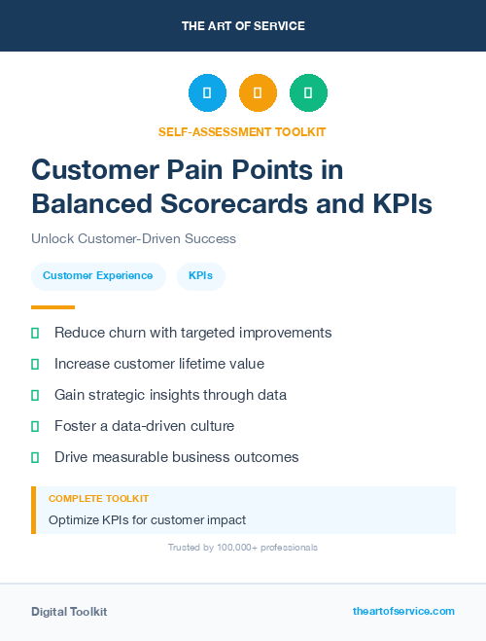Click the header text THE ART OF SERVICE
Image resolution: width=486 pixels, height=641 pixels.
pos(243,26)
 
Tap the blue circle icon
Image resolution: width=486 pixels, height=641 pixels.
pos(207,93)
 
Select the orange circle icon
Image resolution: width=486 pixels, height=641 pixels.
pos(258,93)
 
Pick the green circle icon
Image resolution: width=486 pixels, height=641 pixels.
pos(308,93)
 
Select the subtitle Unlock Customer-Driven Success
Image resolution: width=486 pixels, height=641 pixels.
pos(133,238)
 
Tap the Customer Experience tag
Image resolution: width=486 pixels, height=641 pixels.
pos(97,275)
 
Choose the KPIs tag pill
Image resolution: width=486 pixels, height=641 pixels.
pos(201,275)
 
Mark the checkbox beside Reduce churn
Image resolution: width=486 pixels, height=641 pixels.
pos(35,333)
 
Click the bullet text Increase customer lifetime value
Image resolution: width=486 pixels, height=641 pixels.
pos(159,364)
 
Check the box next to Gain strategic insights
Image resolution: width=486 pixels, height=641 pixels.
pos(35,395)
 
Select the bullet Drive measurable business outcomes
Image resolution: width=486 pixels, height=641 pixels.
pos(176,457)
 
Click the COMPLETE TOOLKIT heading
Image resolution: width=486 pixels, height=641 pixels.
pos(98,498)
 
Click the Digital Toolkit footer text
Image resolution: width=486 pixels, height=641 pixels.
pos(69,611)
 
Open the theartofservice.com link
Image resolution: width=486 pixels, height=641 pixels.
pos(403,611)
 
